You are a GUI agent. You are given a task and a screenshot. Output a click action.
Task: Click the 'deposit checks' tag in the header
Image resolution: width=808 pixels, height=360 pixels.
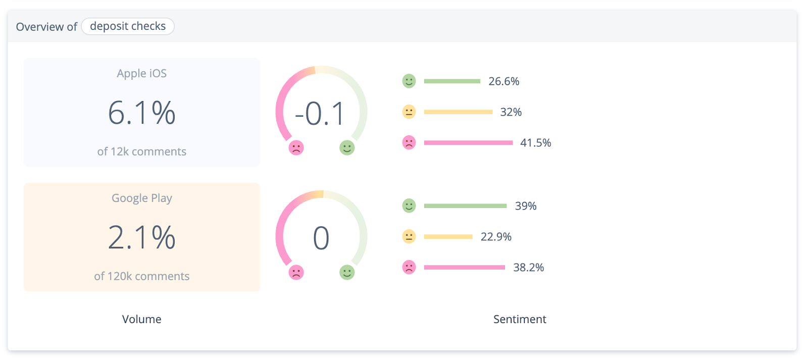click(x=128, y=26)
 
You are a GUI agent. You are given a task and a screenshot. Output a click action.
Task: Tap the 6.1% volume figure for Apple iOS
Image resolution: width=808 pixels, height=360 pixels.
click(x=141, y=113)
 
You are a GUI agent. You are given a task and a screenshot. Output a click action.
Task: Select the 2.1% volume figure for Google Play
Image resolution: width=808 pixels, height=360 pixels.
click(x=141, y=237)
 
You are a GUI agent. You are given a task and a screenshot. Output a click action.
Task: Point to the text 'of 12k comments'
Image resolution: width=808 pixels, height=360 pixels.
click(x=141, y=151)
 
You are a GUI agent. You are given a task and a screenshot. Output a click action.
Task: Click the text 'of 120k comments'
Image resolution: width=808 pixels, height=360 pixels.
click(x=141, y=276)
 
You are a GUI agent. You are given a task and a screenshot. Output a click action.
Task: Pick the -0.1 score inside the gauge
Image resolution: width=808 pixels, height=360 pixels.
click(x=320, y=114)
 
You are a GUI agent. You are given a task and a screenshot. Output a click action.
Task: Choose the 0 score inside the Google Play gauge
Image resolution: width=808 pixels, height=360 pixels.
click(x=321, y=238)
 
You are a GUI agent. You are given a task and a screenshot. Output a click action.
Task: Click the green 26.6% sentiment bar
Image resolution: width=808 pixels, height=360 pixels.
click(x=452, y=81)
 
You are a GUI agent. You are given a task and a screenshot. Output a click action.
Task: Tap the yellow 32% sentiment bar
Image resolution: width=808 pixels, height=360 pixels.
click(x=458, y=112)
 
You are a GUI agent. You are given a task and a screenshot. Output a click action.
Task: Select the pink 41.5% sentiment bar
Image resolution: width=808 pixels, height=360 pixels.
click(x=468, y=143)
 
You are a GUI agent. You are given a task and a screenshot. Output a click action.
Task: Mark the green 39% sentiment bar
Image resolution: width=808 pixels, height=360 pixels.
click(x=465, y=206)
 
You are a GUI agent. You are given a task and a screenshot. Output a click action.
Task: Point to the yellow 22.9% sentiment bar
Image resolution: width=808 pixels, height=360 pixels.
click(x=448, y=237)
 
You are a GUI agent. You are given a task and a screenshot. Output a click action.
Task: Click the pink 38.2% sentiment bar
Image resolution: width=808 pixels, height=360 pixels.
click(x=464, y=268)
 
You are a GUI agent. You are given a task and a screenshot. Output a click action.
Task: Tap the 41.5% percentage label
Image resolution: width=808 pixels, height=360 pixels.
click(x=535, y=143)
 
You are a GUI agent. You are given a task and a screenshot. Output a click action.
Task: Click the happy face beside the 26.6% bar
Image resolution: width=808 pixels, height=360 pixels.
click(x=409, y=81)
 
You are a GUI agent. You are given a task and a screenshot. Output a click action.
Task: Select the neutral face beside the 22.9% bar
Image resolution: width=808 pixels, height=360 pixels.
click(x=409, y=237)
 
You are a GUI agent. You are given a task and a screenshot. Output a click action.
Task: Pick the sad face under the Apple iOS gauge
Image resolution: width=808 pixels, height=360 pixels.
click(x=296, y=148)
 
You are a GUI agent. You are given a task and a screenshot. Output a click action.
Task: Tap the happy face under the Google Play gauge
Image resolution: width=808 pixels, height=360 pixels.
click(x=347, y=273)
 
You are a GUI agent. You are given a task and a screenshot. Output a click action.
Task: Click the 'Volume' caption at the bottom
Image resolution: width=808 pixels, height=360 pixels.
click(x=141, y=319)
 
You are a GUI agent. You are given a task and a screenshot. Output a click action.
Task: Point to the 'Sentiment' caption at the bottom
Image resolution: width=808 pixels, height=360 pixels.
click(x=520, y=319)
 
